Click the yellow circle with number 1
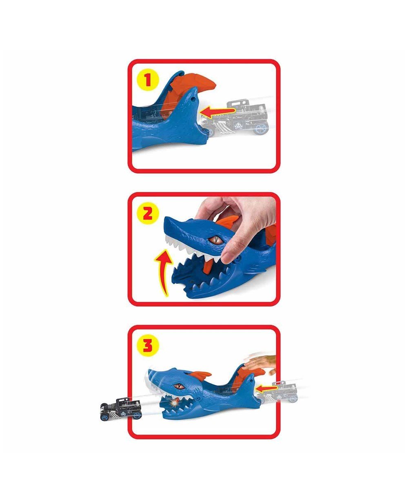[148, 80]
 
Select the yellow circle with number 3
[148, 346]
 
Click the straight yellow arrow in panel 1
[220, 111]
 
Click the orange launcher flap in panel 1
[200, 84]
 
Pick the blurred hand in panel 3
[261, 363]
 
